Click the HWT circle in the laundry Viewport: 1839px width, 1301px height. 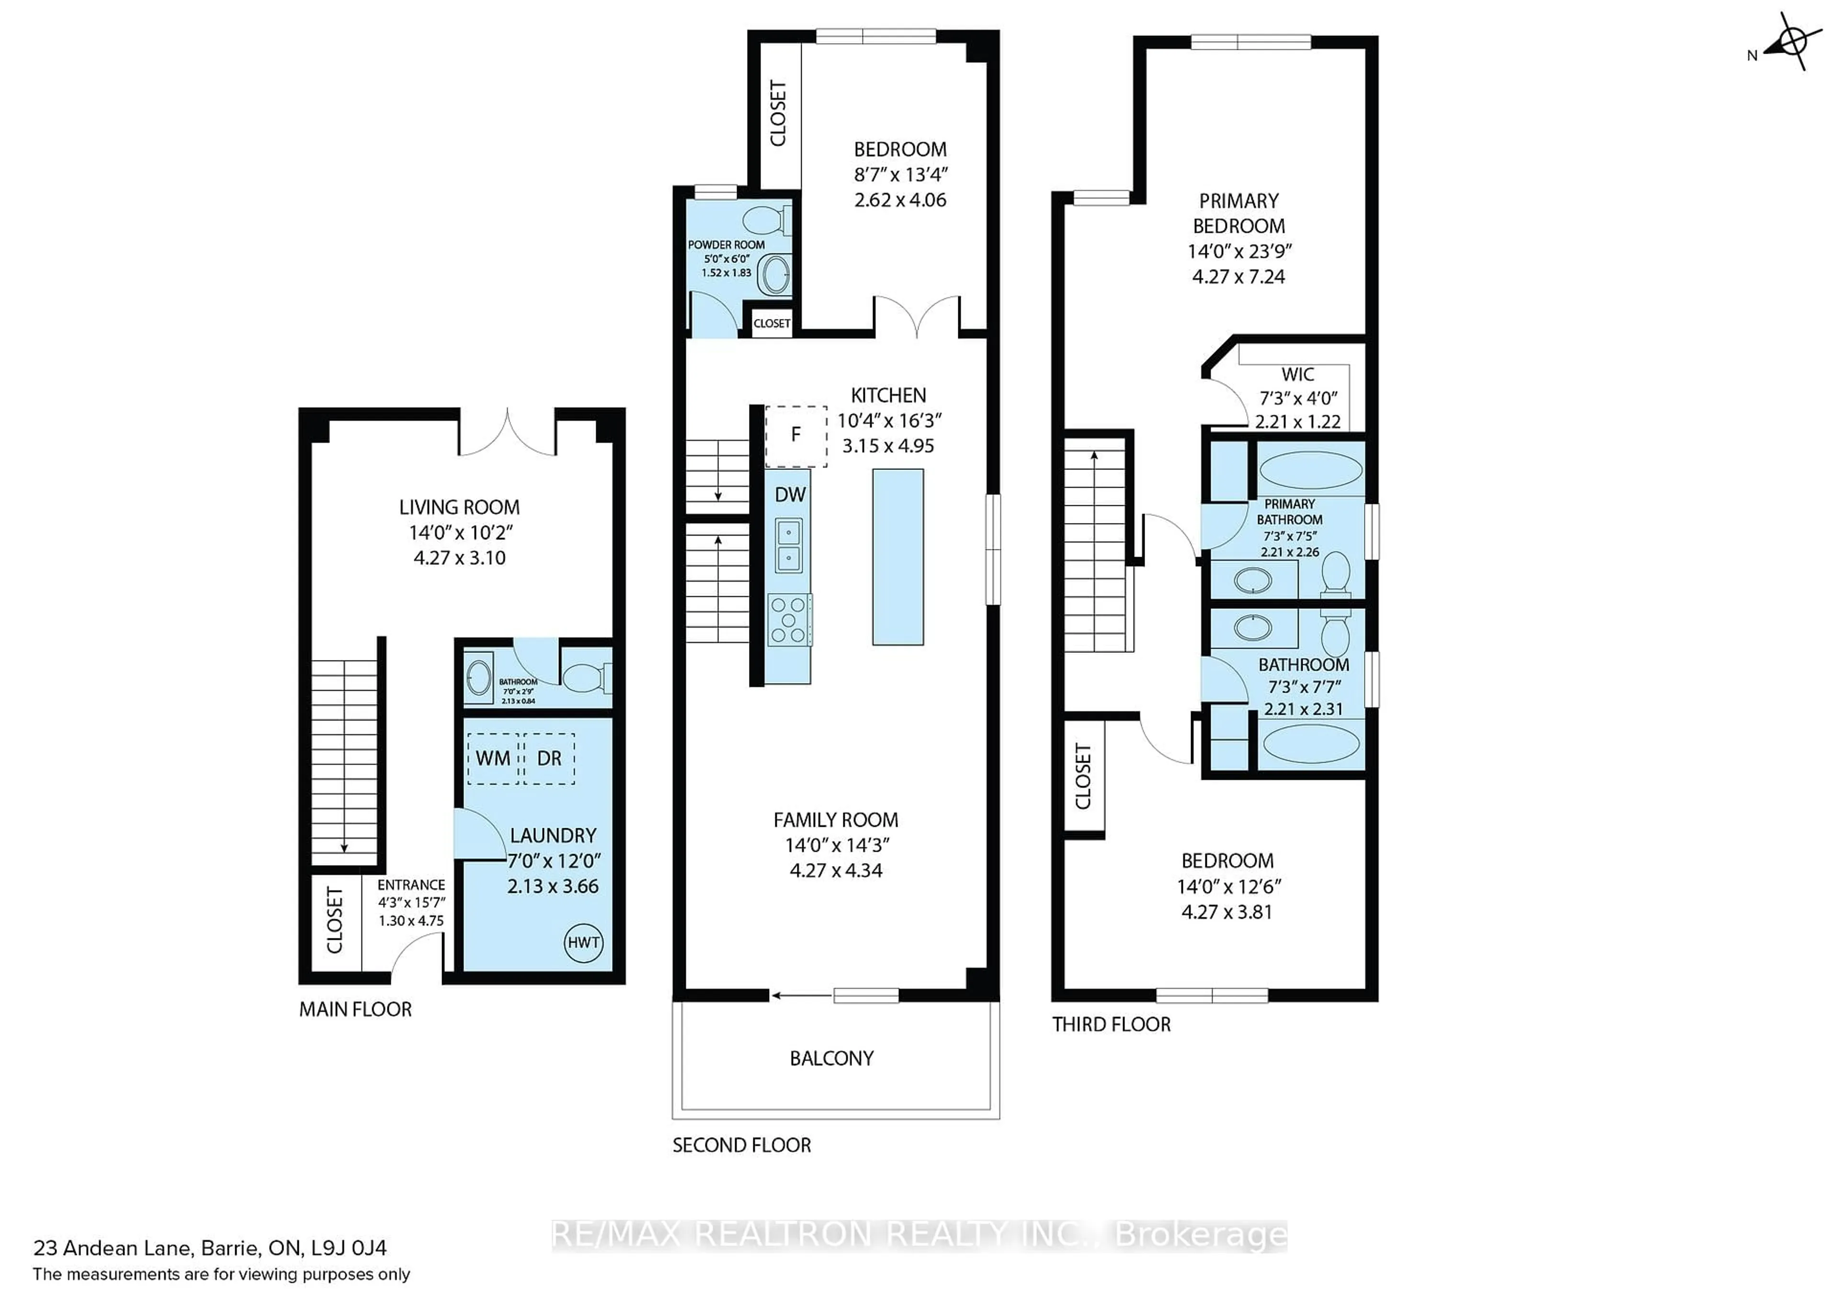583,942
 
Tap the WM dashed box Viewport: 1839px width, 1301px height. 493,758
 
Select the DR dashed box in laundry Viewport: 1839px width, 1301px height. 549,758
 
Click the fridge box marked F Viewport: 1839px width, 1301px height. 796,435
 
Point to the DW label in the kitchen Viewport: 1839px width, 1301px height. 790,494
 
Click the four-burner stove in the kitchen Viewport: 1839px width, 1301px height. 789,619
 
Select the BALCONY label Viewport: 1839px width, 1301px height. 831,1058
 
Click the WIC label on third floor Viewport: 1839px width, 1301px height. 1297,374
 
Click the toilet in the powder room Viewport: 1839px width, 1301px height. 765,219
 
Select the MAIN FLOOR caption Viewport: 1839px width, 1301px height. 355,1009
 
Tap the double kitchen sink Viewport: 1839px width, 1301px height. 788,545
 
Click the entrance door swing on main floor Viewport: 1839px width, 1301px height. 415,958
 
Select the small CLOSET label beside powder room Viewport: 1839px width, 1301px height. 772,324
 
